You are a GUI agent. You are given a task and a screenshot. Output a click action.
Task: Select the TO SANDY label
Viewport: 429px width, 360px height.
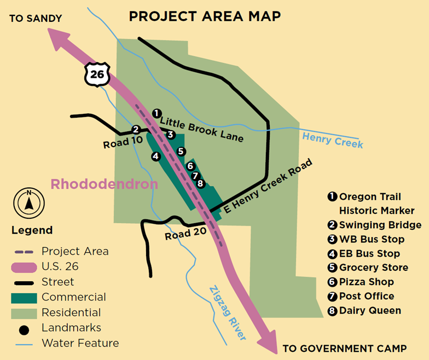pos(36,19)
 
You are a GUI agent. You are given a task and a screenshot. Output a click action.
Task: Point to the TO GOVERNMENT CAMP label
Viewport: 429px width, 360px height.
pos(344,349)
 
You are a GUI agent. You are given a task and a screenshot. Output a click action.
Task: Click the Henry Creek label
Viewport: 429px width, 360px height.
pos(332,140)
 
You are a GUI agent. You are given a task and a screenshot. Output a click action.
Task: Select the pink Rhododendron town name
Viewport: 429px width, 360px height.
pos(104,184)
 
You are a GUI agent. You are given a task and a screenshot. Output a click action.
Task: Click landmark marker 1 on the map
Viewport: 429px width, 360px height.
pos(156,113)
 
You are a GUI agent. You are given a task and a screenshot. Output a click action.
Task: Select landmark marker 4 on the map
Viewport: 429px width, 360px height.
pos(156,156)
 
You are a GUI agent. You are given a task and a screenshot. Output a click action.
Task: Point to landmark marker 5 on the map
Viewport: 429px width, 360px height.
pos(181,151)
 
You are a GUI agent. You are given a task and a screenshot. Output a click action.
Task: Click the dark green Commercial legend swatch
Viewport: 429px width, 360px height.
pos(24,298)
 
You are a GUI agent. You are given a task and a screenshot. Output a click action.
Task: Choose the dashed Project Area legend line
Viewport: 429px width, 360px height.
pos(24,252)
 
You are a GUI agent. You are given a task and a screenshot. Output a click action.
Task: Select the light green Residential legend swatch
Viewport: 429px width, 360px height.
pos(24,313)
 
